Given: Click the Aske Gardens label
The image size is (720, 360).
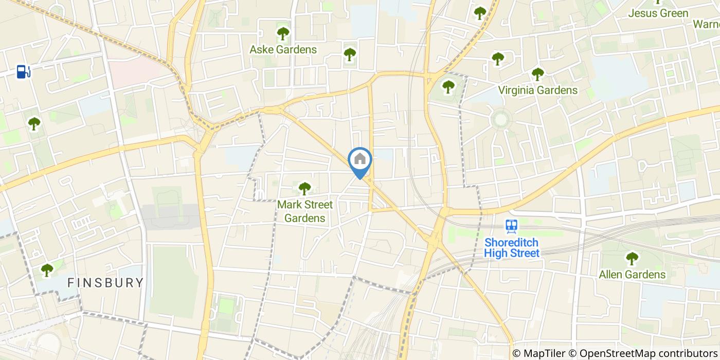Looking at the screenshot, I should click(x=283, y=50).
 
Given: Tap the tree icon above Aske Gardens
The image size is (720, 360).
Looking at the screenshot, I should click(x=283, y=34).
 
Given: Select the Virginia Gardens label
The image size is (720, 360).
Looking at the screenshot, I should click(x=537, y=91).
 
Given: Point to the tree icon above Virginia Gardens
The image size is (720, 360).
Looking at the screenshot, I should click(x=537, y=75).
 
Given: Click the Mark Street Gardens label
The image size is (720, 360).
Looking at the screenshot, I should click(x=305, y=211).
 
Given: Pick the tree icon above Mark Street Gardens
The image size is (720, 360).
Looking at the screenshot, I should click(x=305, y=189).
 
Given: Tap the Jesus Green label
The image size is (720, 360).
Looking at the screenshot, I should click(x=658, y=13).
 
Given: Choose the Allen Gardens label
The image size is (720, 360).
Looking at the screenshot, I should click(x=632, y=275).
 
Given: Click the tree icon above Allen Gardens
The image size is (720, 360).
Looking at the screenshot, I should click(x=632, y=259).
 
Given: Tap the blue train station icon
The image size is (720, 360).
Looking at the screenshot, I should click(x=511, y=226).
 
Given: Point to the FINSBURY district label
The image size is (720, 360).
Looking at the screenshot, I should click(x=105, y=282).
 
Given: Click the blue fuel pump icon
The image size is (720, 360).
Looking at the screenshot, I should click(x=23, y=71).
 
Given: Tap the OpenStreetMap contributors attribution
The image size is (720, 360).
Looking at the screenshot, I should click(x=642, y=353).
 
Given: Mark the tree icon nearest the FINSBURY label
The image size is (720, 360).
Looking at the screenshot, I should click(x=47, y=270).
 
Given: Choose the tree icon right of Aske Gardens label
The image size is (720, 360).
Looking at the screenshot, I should click(x=350, y=53).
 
